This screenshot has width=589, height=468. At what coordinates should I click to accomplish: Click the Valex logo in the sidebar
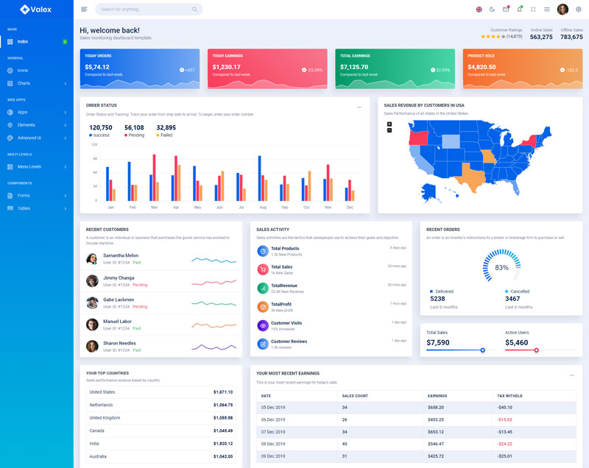[x=36, y=10]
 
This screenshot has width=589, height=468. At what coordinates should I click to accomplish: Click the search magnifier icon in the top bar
[x=194, y=10]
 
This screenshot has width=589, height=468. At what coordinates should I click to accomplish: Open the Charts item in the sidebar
[x=24, y=83]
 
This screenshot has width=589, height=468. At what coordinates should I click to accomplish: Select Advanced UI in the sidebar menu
[x=29, y=138]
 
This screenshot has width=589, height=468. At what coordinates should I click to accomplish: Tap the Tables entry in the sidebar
[x=24, y=208]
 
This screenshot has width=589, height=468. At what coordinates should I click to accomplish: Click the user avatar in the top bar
[x=562, y=10]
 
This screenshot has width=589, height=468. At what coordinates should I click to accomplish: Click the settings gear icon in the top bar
[x=578, y=10]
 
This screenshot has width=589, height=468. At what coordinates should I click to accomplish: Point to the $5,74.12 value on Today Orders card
[x=99, y=67]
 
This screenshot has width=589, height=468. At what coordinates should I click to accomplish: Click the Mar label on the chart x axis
[x=154, y=208]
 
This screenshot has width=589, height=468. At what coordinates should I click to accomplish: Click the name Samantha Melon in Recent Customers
[x=121, y=255]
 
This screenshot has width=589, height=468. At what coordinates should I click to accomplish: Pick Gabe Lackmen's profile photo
[x=92, y=302]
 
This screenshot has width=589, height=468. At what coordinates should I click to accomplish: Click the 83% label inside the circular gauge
[x=501, y=268]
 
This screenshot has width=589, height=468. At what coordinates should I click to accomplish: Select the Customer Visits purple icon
[x=263, y=325]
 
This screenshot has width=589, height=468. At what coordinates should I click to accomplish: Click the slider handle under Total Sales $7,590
[x=482, y=350]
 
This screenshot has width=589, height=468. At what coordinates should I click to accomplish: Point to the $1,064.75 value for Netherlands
[x=222, y=405]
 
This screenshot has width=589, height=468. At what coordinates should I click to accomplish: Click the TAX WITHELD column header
[x=510, y=396]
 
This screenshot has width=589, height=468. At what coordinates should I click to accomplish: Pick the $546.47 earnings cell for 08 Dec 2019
[x=436, y=444]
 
